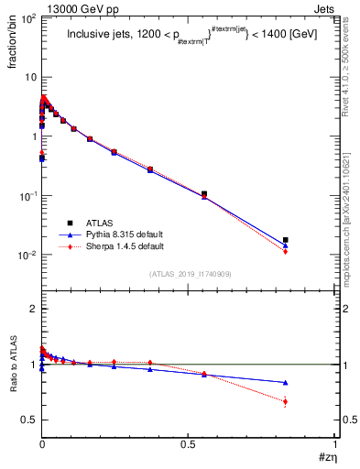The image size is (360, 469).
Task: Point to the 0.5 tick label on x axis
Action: tap(188, 444)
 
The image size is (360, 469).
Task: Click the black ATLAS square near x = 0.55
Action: tap(203, 194)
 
